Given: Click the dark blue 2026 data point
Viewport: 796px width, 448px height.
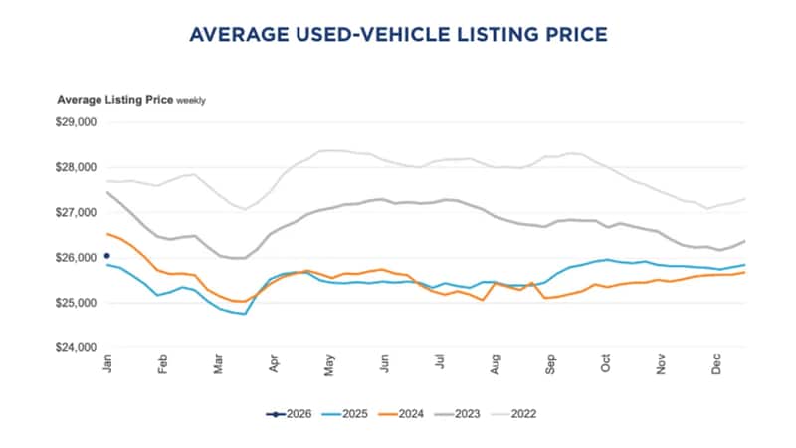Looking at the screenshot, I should point(107,255).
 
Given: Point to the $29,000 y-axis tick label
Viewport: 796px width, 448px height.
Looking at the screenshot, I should point(76,122).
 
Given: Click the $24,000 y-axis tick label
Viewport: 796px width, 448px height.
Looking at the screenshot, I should point(76,347).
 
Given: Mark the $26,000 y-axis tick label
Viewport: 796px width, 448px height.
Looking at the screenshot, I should point(76,258).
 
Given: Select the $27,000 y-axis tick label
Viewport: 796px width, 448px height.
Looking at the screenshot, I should point(76,213).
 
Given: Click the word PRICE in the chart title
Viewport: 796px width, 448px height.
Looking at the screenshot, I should point(568,35).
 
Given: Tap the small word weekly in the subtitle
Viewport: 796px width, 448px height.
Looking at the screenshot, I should point(192,101).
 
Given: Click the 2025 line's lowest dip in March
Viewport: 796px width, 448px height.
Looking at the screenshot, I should point(245,314).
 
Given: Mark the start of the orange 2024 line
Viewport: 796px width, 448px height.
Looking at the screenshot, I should point(107,234).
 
